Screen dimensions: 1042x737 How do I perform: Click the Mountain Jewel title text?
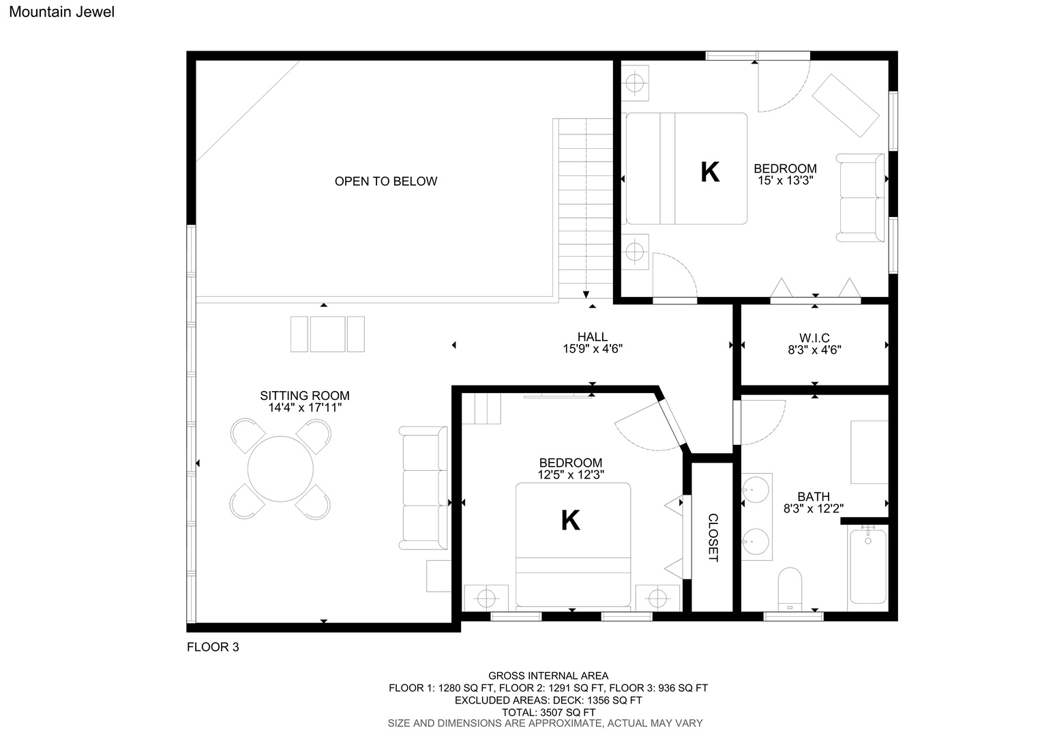click(x=62, y=12)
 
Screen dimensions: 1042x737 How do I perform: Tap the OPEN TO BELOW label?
click(x=386, y=181)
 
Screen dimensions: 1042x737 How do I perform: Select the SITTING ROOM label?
click(x=305, y=396)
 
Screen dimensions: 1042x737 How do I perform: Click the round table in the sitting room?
click(x=280, y=469)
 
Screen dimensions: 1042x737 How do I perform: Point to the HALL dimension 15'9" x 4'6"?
click(x=593, y=349)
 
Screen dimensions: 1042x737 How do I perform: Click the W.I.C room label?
click(x=814, y=338)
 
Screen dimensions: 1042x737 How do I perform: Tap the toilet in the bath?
click(x=790, y=588)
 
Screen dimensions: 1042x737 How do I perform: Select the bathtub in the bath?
click(x=868, y=566)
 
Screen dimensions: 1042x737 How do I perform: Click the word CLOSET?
click(x=713, y=538)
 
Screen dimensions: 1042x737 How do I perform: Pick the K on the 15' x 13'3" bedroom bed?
click(x=710, y=172)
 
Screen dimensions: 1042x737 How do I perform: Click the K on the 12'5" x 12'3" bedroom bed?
click(x=571, y=520)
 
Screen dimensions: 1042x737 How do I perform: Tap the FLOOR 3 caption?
click(x=213, y=647)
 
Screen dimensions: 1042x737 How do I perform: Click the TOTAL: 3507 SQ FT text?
click(x=548, y=712)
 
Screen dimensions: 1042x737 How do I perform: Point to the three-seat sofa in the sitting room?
click(x=423, y=488)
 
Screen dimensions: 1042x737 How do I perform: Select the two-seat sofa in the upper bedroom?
click(x=861, y=198)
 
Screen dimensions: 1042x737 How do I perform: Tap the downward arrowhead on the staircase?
click(x=586, y=295)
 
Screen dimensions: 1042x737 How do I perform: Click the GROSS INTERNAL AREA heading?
click(x=548, y=676)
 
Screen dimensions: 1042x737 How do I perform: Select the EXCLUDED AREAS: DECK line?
click(x=548, y=700)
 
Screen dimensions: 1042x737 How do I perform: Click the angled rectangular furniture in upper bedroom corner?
click(x=846, y=106)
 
